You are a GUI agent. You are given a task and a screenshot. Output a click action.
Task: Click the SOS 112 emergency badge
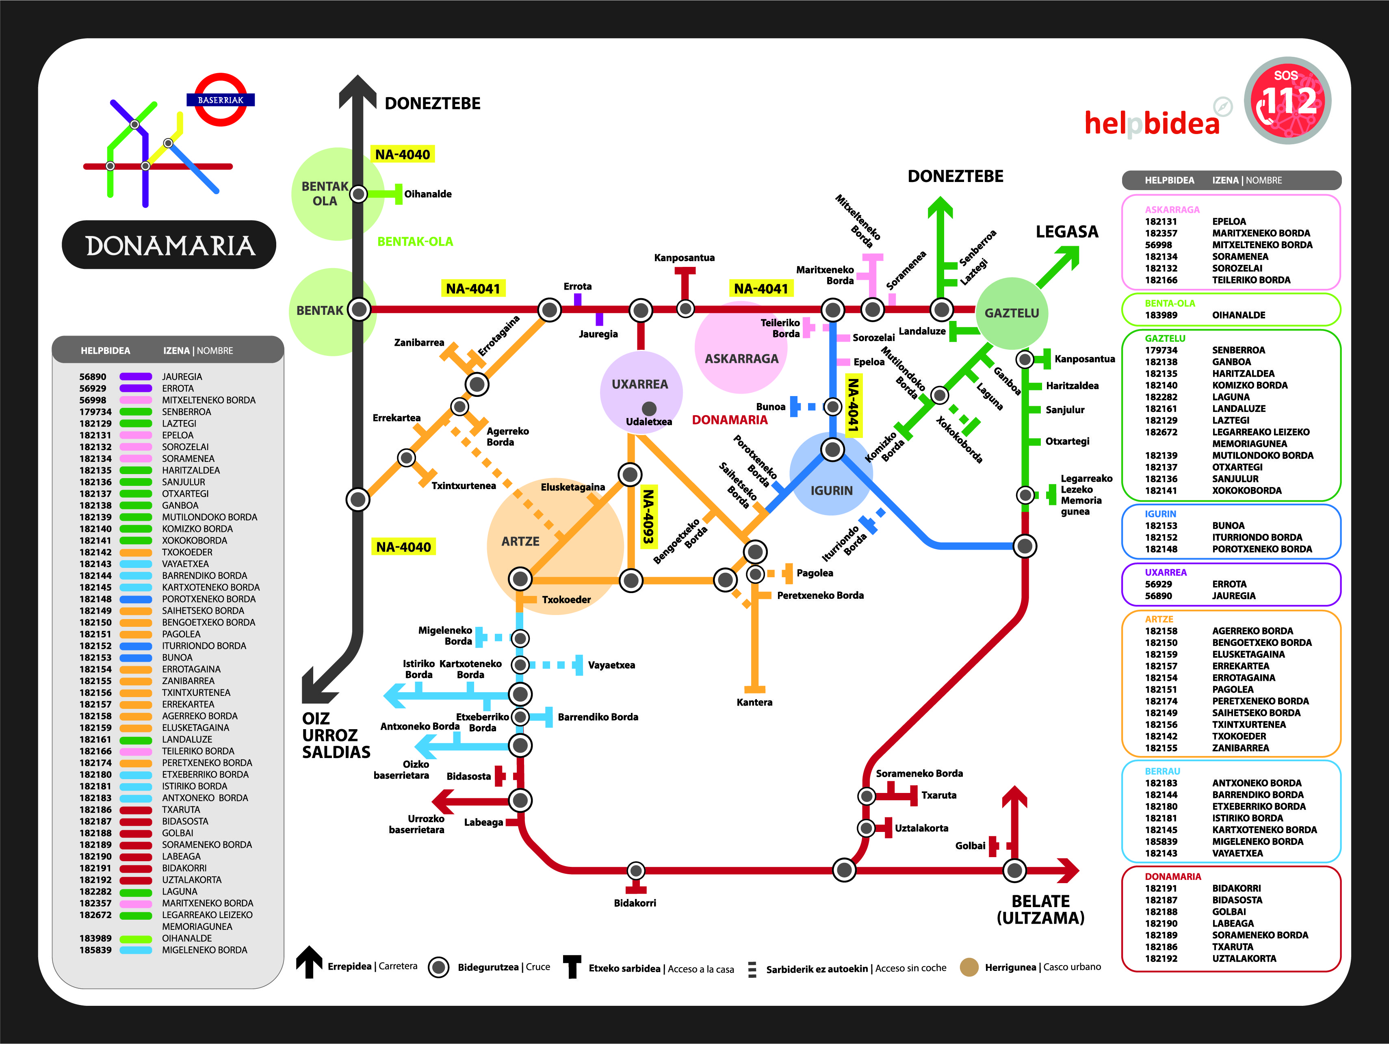(x=1287, y=100)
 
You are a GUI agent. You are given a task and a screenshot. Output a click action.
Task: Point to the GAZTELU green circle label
(x=1012, y=313)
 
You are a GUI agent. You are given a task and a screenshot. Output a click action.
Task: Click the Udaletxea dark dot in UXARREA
(x=649, y=409)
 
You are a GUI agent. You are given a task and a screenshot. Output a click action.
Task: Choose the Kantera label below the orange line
(x=754, y=702)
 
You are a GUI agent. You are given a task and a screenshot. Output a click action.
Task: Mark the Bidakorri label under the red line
(x=635, y=903)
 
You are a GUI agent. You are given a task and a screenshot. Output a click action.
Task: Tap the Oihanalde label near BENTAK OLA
(x=428, y=194)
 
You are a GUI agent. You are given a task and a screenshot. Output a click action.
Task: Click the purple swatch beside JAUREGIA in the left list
(x=136, y=377)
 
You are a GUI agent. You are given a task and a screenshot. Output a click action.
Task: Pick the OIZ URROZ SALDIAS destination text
(x=336, y=735)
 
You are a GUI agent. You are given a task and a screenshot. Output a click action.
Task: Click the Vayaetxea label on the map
(x=611, y=665)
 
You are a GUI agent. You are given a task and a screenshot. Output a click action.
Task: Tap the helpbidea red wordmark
(x=1152, y=122)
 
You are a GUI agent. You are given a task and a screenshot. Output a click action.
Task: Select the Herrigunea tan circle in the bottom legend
(x=969, y=967)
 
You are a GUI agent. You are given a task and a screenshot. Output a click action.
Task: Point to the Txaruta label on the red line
(x=939, y=795)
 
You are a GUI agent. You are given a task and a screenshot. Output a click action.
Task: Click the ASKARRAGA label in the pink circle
(x=741, y=358)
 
